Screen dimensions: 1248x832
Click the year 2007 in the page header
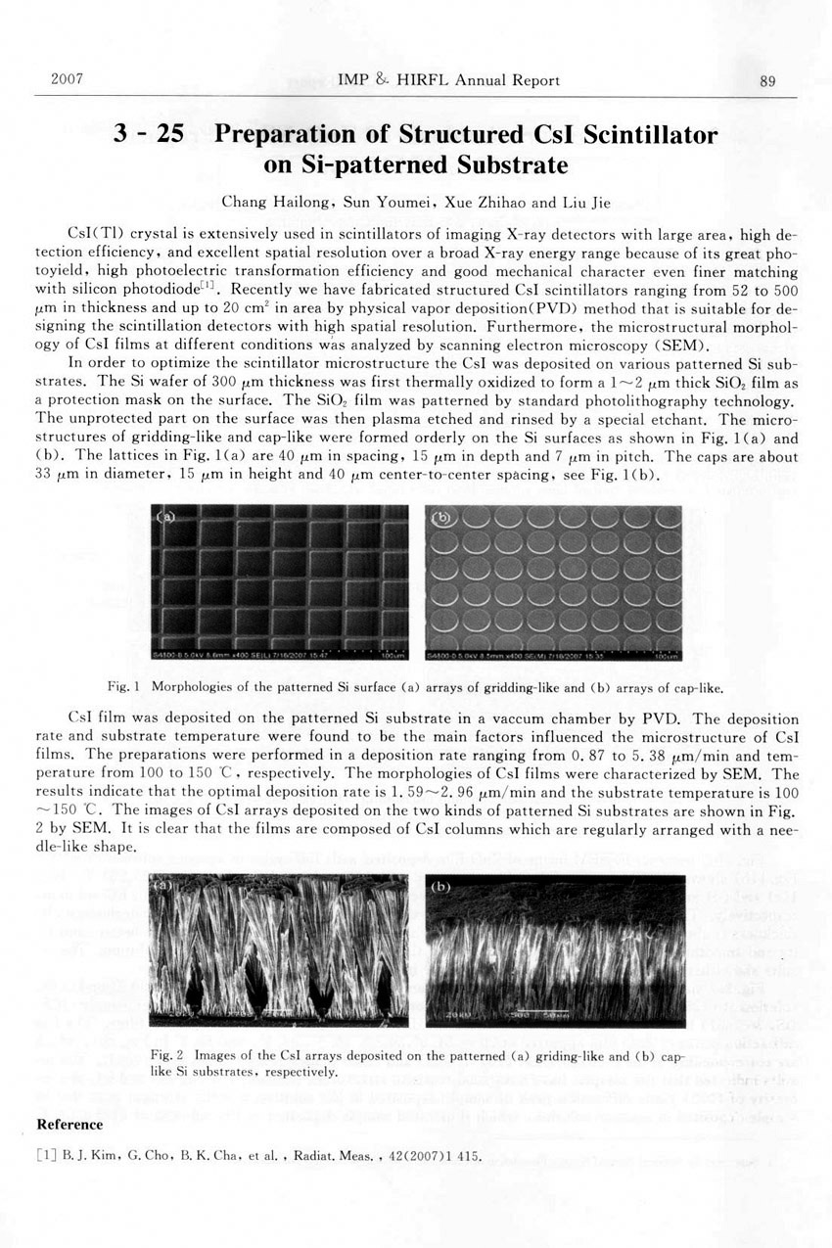click(66, 79)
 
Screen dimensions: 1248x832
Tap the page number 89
click(767, 81)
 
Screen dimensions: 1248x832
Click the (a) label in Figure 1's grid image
click(168, 517)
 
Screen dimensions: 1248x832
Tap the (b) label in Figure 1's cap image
click(442, 517)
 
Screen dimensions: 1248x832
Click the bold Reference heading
click(69, 1125)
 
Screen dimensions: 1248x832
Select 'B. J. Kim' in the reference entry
click(87, 1156)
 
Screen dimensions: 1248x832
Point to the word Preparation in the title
click(295, 135)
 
